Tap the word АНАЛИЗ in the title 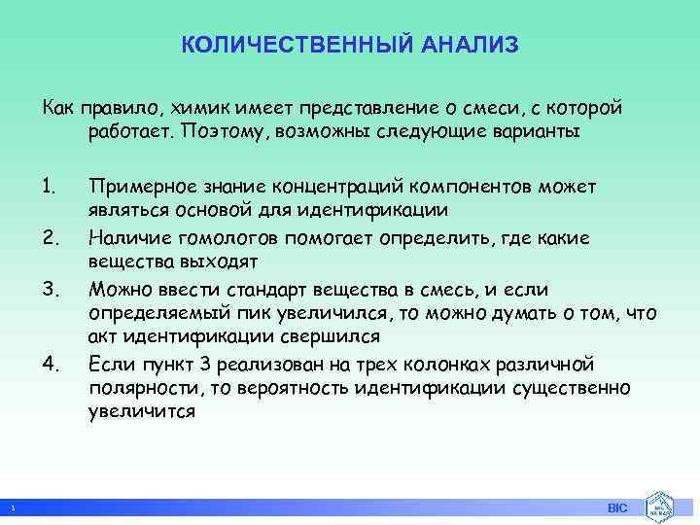(471, 46)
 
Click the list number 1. (51, 186)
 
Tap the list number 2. (52, 236)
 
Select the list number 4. (52, 365)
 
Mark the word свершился (331, 336)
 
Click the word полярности (136, 388)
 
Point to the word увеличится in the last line (142, 411)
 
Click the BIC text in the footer (617, 508)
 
